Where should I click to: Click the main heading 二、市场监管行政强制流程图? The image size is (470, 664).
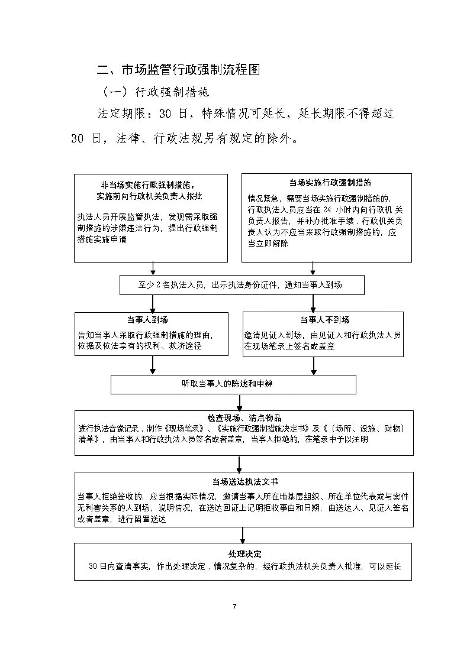pos(178,70)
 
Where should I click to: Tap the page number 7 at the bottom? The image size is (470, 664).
pos(235,607)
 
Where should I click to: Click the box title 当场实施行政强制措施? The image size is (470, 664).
pos(326,183)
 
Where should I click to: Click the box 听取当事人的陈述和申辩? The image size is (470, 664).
pos(234,384)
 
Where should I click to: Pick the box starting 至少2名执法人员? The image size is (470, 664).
pos(242,285)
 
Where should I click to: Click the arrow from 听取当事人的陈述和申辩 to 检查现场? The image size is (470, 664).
pos(240,402)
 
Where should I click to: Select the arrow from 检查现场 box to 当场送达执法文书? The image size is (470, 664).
pos(240,464)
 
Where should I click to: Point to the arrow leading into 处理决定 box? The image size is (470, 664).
pos(243,535)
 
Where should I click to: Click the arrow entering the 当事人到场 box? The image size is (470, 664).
pos(153,303)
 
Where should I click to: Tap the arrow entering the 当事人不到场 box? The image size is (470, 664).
pos(313,303)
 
